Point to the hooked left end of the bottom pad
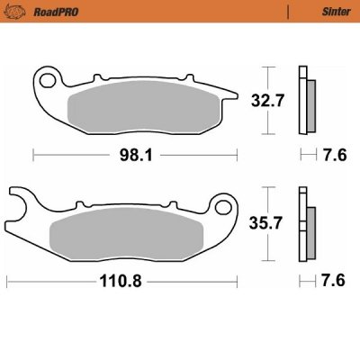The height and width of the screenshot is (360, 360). [20, 205]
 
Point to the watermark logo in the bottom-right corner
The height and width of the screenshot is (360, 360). [342, 344]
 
